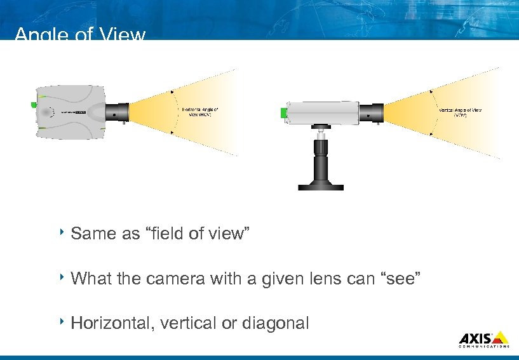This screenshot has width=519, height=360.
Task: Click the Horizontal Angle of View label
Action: coord(200,112)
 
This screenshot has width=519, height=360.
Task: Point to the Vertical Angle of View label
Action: coord(460,112)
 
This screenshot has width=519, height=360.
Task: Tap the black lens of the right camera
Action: coord(372,113)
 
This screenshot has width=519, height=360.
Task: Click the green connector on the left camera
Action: coord(32,104)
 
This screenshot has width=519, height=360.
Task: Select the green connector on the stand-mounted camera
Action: coord(283,113)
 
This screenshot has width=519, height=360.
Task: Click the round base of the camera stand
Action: coord(321,187)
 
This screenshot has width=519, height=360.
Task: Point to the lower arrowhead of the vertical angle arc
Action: coord(432,133)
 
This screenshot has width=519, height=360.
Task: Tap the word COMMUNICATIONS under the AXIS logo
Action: coord(483,347)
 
